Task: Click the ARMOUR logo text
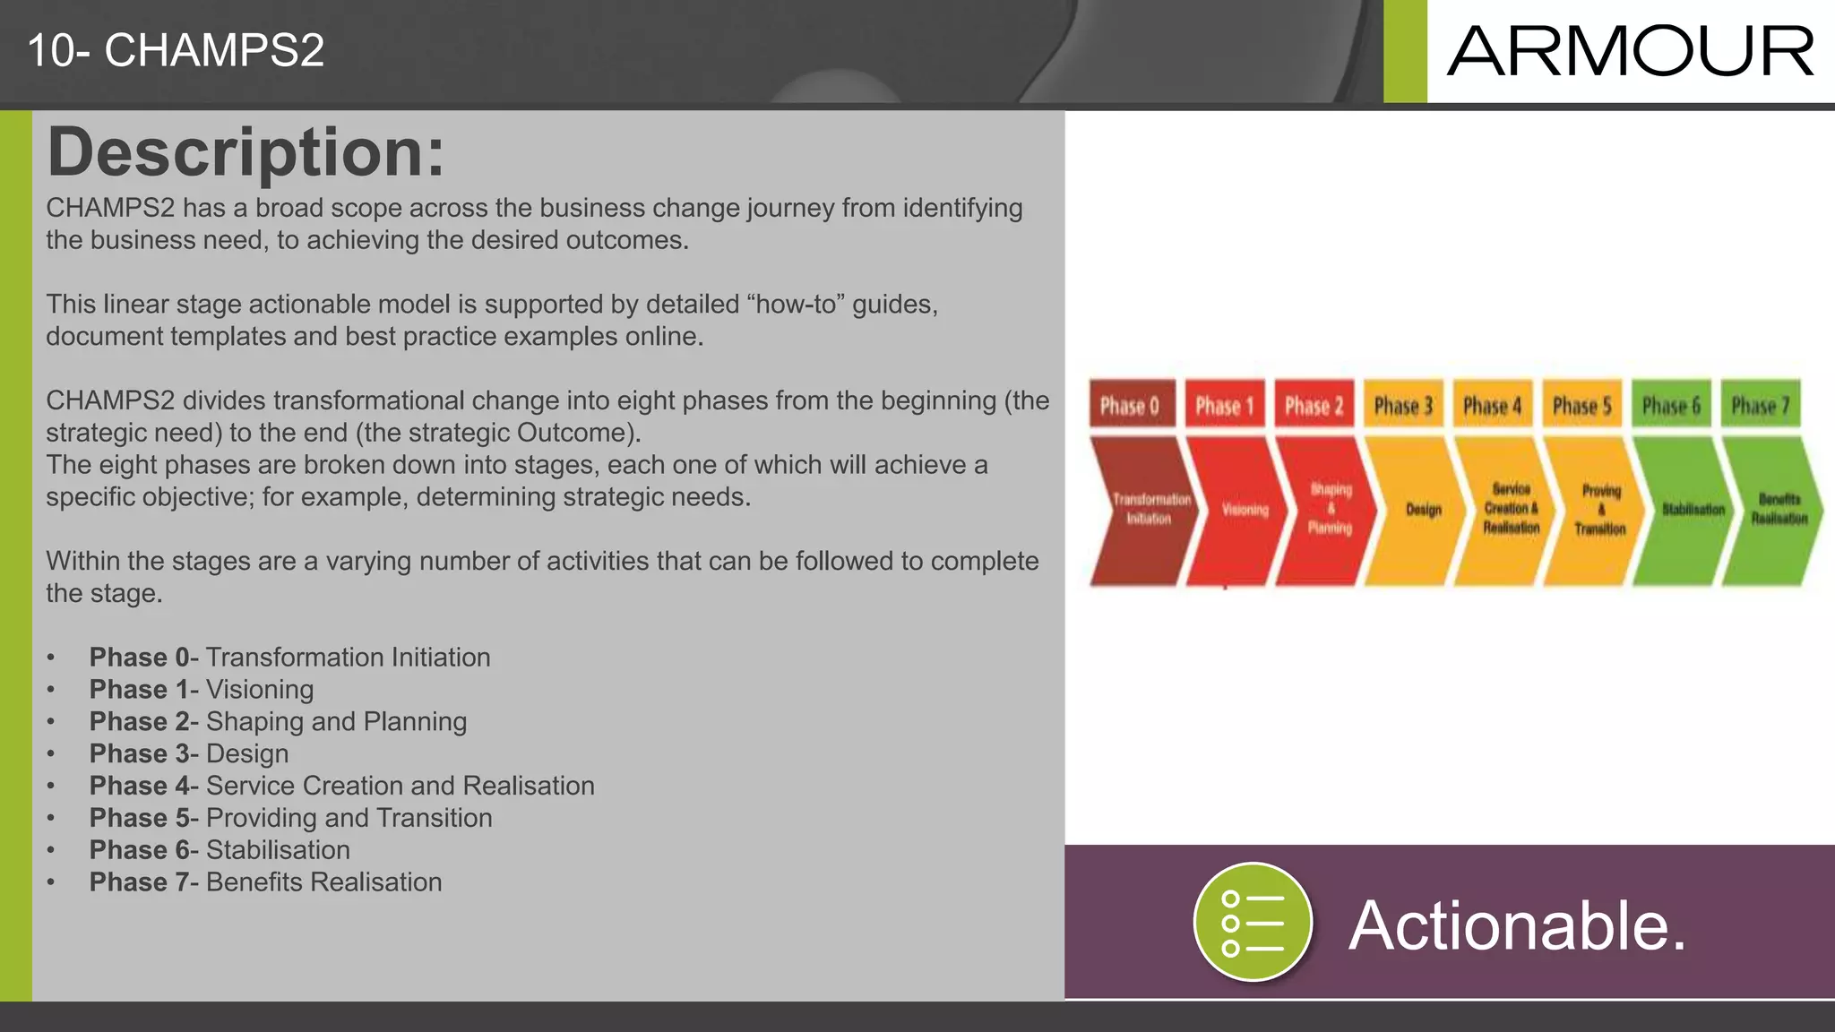click(1630, 51)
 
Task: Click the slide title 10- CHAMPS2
click(176, 50)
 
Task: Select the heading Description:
click(246, 152)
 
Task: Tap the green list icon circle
click(1253, 922)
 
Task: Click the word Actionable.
click(1517, 925)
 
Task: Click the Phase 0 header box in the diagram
click(1131, 405)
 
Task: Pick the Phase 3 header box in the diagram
click(1403, 405)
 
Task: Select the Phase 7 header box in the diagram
click(1760, 405)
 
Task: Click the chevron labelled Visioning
click(1241, 510)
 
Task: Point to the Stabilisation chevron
click(1690, 510)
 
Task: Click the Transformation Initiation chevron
click(1147, 510)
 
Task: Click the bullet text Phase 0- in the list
click(142, 658)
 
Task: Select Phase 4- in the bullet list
click(142, 786)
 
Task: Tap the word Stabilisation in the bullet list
click(278, 850)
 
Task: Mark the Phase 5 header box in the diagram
click(1581, 405)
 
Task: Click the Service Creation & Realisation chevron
click(1510, 510)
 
